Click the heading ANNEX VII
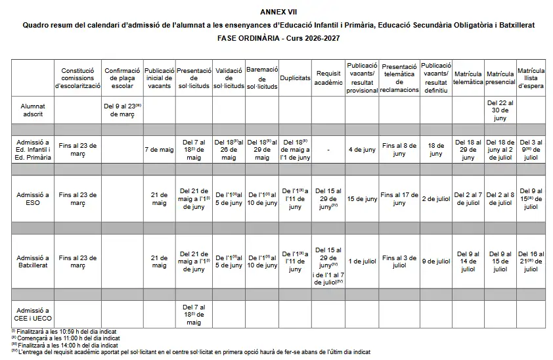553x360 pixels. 277,12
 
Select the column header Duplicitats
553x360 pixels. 295,78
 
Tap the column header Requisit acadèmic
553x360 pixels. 328,78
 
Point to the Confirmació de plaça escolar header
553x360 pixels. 122,78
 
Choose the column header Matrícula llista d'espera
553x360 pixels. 531,78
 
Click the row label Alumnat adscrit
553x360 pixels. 33,109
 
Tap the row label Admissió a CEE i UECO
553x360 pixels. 33,315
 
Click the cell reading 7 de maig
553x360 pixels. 159,149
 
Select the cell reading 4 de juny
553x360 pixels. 362,149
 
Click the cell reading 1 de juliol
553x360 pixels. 362,261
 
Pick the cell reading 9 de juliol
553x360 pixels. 435,261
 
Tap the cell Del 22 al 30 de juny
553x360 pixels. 500,109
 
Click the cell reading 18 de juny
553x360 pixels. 435,149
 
